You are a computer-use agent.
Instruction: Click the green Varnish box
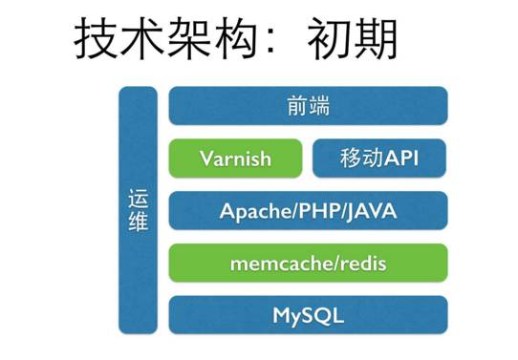[235, 159]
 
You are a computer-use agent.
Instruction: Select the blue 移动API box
[379, 159]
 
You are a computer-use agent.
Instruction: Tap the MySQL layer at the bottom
[308, 315]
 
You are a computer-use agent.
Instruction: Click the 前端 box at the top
[308, 106]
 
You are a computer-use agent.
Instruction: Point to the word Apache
[251, 211]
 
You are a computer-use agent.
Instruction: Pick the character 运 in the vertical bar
[138, 201]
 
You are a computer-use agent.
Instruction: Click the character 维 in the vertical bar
[138, 223]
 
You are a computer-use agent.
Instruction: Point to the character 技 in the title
[97, 39]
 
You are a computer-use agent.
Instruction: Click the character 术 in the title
[142, 39]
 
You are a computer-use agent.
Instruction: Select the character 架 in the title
[188, 39]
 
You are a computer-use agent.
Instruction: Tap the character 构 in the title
[234, 39]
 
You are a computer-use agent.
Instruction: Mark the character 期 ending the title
[374, 39]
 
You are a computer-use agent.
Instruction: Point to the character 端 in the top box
[319, 106]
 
